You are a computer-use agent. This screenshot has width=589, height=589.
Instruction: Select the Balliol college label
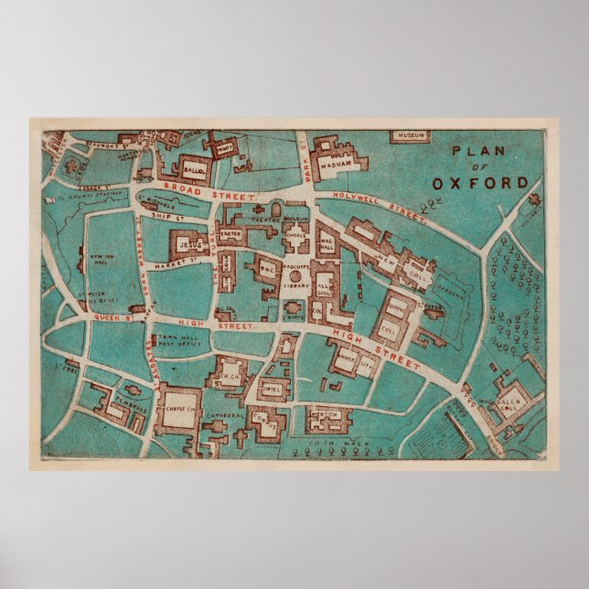pos(193,170)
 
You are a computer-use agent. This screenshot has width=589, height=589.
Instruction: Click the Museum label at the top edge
pos(411,136)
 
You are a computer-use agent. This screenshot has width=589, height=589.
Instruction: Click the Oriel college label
pos(272,386)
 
